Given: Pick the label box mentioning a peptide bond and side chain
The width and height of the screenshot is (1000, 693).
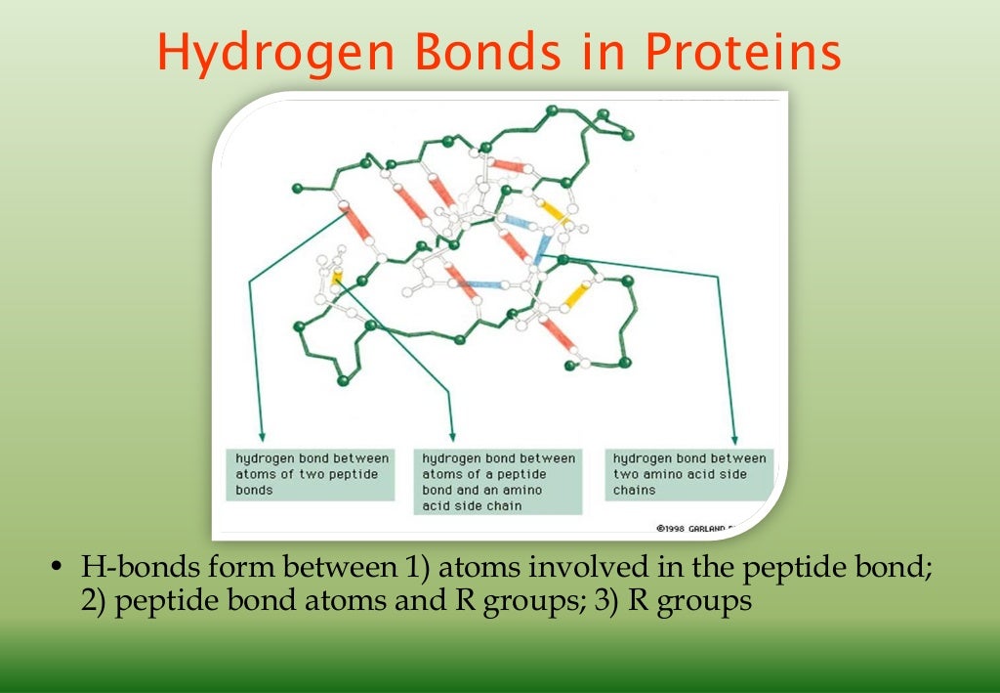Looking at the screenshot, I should click(498, 482).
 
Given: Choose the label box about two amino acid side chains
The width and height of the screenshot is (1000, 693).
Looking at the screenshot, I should click(687, 474).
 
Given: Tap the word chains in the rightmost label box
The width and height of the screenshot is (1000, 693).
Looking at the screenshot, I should click(635, 490).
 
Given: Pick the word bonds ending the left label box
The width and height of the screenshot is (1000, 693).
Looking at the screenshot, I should click(254, 490).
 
